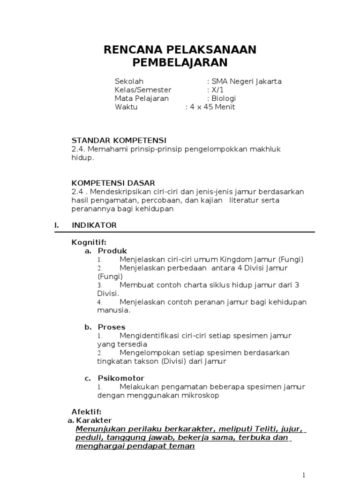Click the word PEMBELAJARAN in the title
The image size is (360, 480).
180,62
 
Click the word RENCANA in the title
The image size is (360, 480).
132,50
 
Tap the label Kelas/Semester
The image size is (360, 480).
143,90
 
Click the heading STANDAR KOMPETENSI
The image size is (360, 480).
119,140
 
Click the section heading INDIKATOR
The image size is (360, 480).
94,225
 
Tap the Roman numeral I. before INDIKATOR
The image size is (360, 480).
57,225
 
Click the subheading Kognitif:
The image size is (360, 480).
89,242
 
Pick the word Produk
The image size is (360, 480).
112,251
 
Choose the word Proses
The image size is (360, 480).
112,327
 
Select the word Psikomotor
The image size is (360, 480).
121,378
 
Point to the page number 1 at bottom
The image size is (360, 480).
305,475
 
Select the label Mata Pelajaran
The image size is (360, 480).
142,98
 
